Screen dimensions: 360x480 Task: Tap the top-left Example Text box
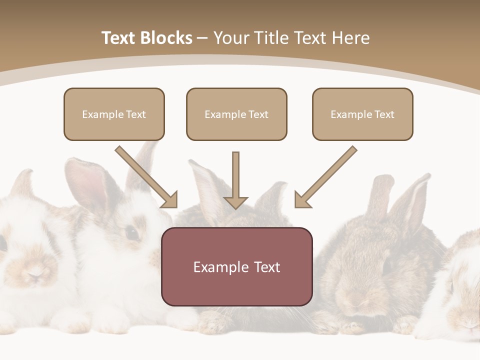[114, 114]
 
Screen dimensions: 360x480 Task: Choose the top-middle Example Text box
[236, 114]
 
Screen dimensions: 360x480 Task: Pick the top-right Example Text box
[362, 114]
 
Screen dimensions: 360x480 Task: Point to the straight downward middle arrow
[235, 180]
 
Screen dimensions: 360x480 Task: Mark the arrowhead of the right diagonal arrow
[301, 200]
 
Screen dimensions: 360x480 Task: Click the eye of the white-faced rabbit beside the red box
[132, 232]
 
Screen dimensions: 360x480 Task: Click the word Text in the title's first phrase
[118, 38]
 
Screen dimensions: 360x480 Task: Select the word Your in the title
[231, 38]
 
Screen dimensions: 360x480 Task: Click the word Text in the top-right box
[384, 114]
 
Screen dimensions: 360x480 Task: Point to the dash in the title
[202, 38]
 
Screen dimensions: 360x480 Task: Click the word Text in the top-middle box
[258, 114]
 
